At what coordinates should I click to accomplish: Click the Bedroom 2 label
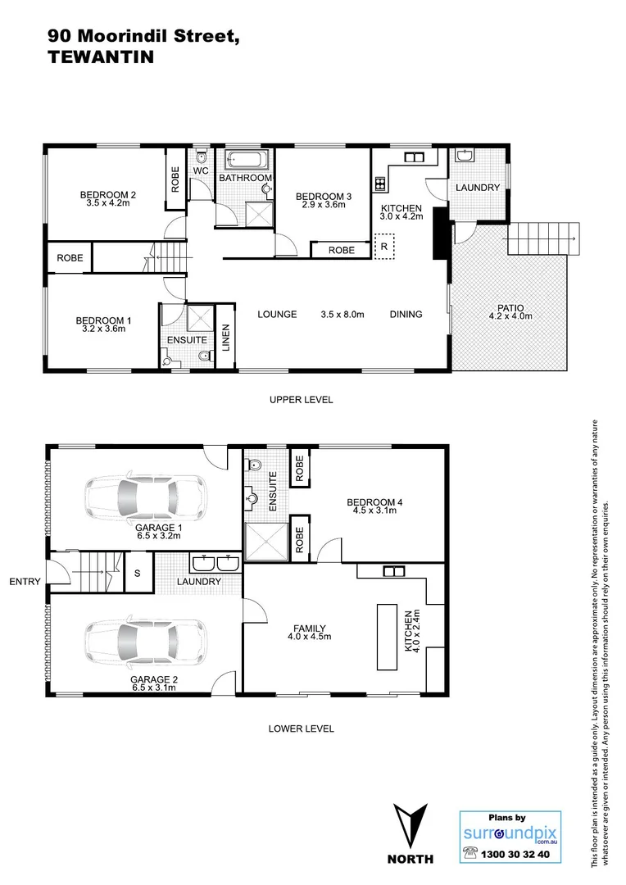tap(107, 195)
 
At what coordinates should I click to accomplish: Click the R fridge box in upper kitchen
tap(383, 246)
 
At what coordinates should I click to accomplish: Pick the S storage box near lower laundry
tap(138, 574)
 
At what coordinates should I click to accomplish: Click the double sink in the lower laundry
tap(214, 563)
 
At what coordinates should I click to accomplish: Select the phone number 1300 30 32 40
tap(517, 854)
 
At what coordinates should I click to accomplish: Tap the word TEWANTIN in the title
tap(101, 57)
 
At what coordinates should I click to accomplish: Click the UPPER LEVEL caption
tap(301, 400)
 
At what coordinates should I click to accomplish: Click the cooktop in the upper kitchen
tap(380, 184)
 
